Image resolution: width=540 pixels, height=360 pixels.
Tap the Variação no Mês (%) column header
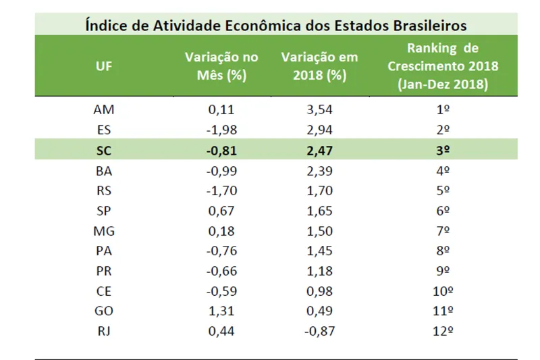coord(215,66)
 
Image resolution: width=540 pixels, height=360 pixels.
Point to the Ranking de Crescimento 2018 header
coord(443,66)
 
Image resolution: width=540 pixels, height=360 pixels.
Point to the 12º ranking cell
coord(443,332)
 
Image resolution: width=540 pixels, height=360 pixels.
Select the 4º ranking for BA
coord(443,170)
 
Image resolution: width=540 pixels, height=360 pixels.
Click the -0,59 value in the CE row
coord(215,291)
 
